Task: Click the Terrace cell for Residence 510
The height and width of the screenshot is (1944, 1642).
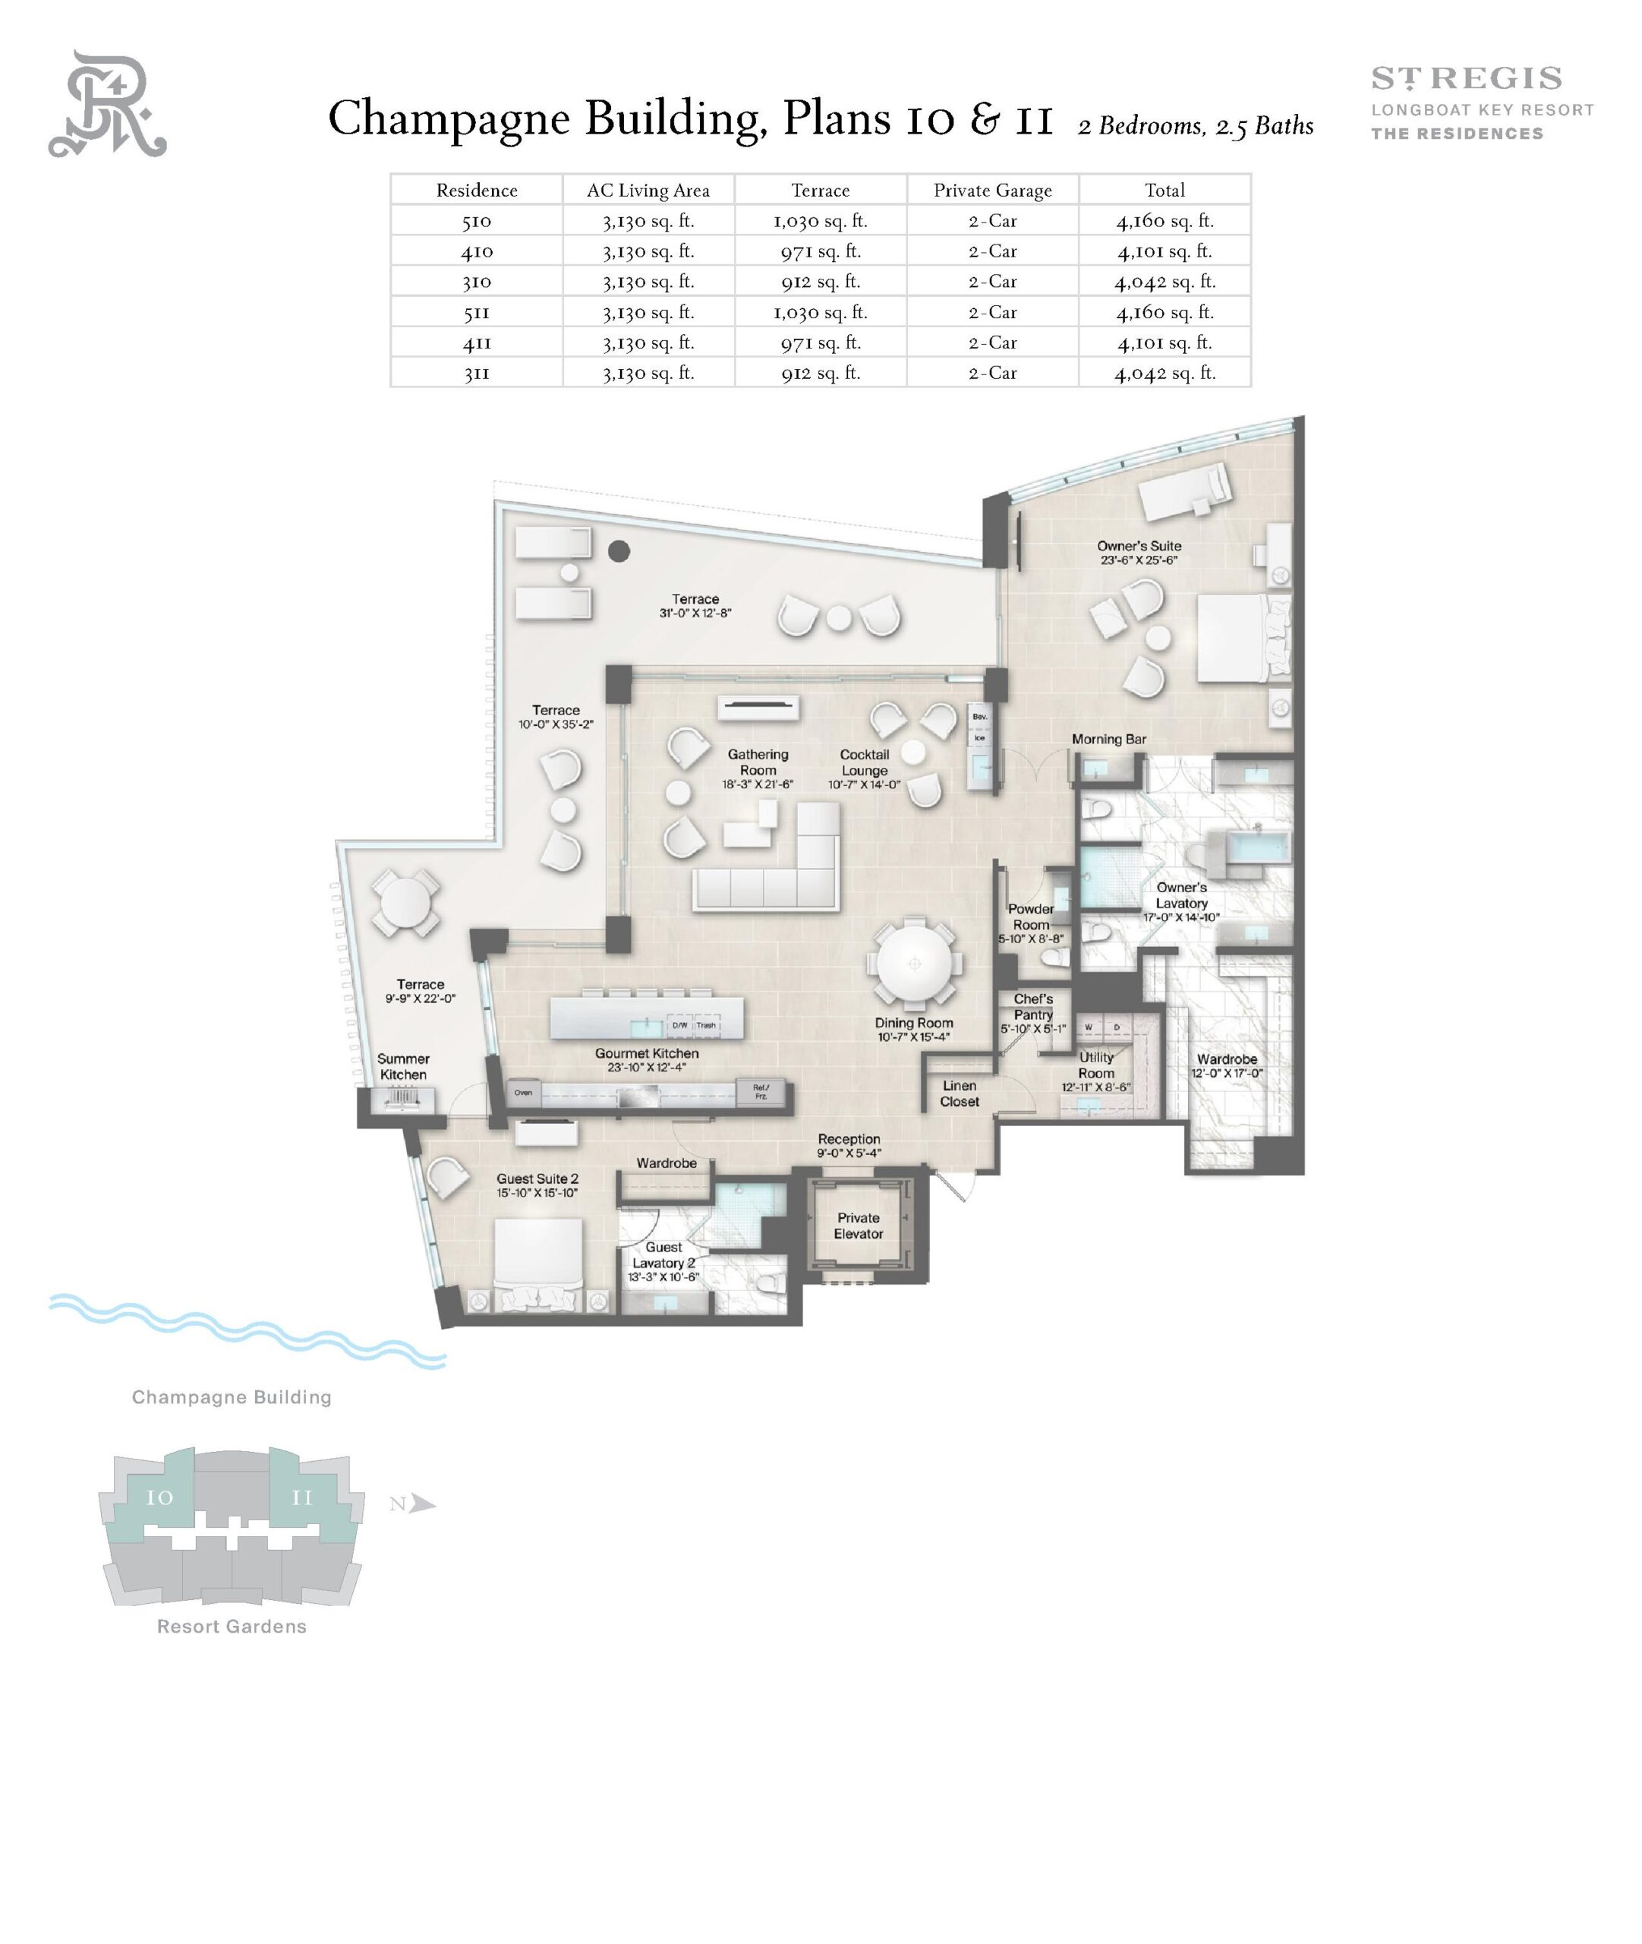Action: tap(820, 221)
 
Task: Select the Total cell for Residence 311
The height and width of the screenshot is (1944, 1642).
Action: tap(1165, 374)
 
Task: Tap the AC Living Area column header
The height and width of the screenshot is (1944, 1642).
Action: tap(648, 190)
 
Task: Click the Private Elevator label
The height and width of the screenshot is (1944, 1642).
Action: tap(859, 1225)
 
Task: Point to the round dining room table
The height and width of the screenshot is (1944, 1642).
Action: tap(914, 964)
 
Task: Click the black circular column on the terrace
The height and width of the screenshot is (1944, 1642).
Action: tap(619, 551)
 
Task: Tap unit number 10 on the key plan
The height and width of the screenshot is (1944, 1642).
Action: tap(159, 1498)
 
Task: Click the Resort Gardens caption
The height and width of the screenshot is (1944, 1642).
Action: tap(231, 1627)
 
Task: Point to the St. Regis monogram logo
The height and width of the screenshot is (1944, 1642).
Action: tap(107, 104)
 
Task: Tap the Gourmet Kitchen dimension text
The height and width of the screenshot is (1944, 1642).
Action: tap(646, 1067)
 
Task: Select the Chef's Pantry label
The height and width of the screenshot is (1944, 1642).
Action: tap(1033, 1006)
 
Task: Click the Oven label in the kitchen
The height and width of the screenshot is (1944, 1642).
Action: tap(523, 1092)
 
